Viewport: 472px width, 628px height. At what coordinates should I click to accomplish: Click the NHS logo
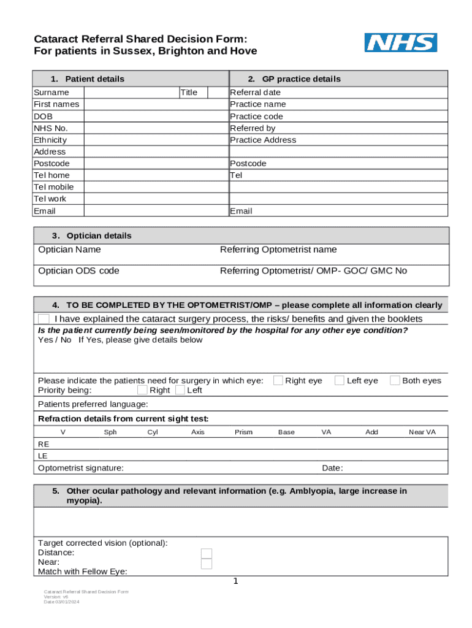(401, 43)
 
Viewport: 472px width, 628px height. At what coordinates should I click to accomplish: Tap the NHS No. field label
(51, 128)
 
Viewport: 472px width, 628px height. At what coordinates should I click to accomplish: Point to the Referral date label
(255, 93)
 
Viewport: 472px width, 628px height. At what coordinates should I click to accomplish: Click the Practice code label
(256, 117)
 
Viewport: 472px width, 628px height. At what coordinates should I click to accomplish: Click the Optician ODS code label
(78, 271)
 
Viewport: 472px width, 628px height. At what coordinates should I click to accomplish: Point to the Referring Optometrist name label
(278, 250)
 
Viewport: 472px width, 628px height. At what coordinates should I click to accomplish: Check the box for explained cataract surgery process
(44, 319)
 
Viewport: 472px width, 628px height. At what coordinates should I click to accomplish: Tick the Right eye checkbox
(278, 380)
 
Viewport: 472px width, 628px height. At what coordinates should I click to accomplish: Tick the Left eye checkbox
(339, 380)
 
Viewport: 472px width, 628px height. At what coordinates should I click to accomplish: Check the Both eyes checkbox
(395, 380)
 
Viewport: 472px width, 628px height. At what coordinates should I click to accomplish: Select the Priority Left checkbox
(180, 390)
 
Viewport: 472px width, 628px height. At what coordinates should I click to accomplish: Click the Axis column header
(198, 432)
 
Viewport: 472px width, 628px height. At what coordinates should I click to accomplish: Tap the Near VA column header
(422, 432)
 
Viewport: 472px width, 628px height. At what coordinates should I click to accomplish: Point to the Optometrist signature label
(80, 469)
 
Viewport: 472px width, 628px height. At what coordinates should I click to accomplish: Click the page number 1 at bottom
(235, 581)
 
